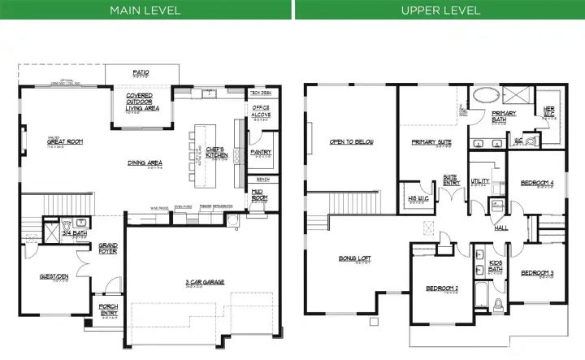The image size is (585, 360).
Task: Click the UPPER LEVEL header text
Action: [x=440, y=10]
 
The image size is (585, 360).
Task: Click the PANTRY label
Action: [x=261, y=151]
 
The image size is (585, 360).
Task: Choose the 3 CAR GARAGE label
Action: [x=205, y=283]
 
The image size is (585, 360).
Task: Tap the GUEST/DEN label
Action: [x=54, y=276]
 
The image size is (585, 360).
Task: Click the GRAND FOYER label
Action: [x=107, y=248]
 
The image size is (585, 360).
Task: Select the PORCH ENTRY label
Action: [x=108, y=310]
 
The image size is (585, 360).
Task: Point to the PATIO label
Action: [x=141, y=73]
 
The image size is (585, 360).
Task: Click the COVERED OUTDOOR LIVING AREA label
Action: [x=142, y=102]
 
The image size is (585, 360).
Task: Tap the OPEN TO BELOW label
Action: [x=351, y=142]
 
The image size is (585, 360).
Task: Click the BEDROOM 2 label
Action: [x=442, y=288]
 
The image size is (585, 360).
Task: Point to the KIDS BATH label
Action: [x=495, y=266]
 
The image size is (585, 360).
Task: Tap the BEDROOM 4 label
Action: [x=536, y=182]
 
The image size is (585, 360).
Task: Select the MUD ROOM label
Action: [x=260, y=195]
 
